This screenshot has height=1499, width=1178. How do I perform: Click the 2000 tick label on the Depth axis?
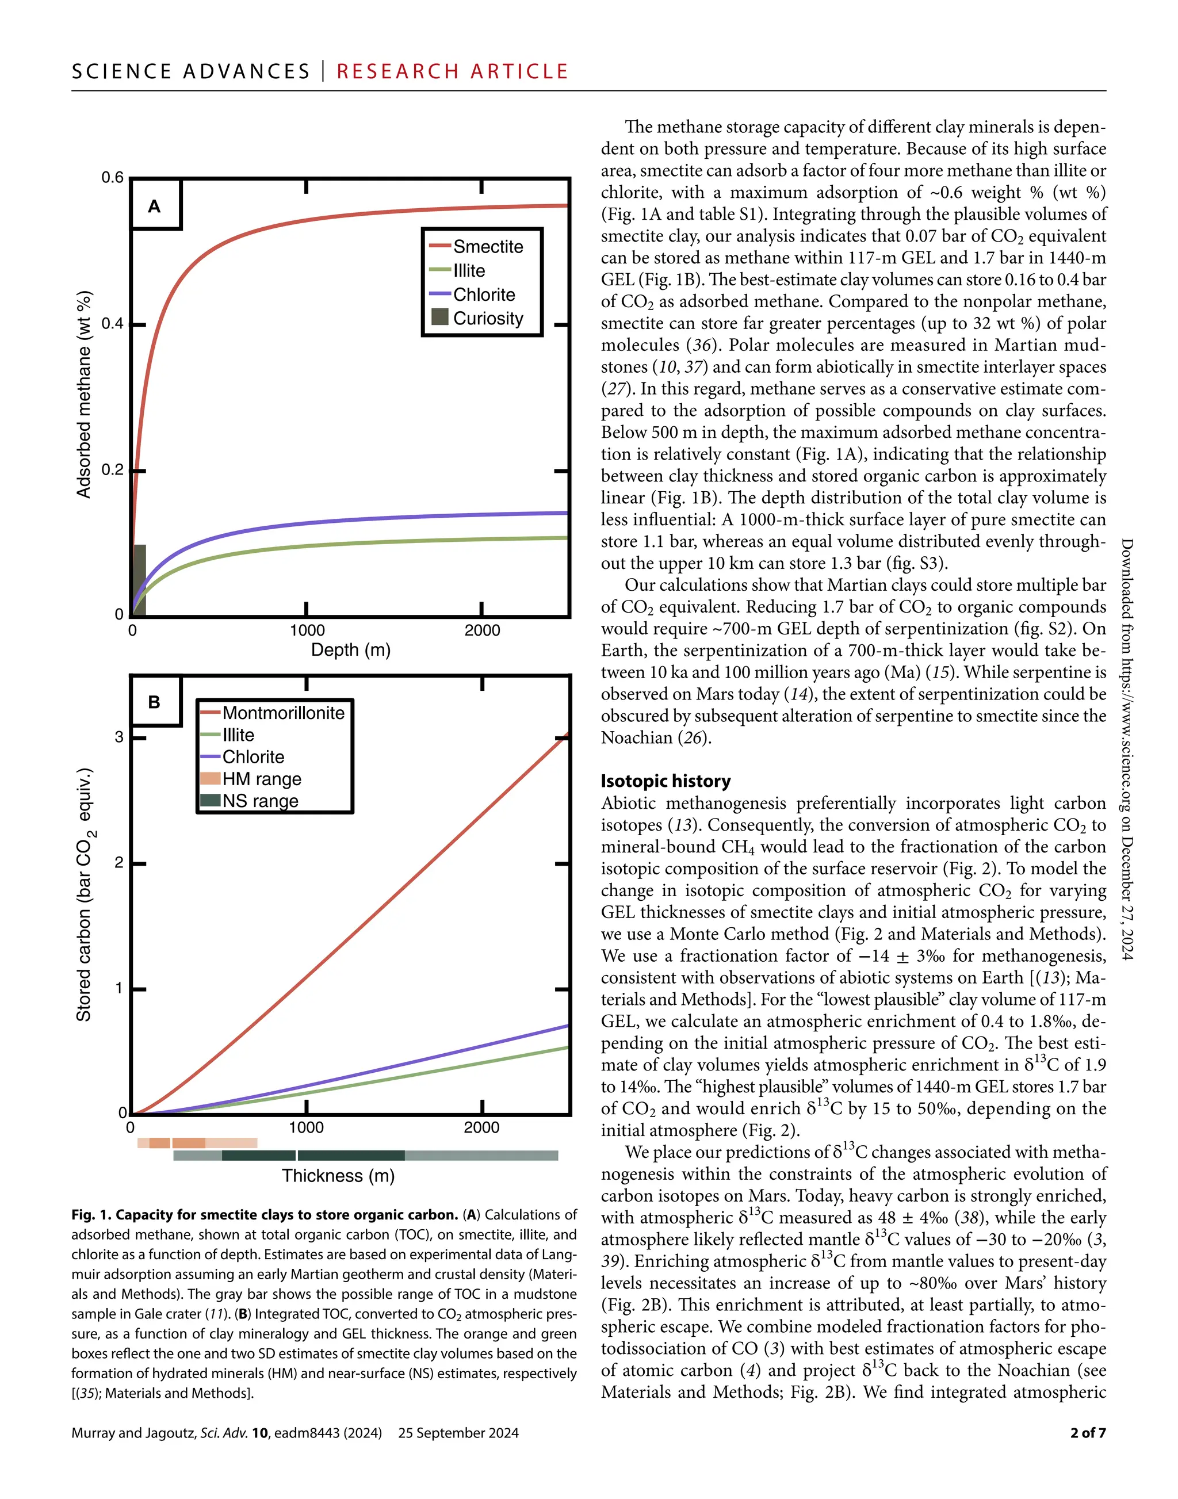pyautogui.click(x=482, y=630)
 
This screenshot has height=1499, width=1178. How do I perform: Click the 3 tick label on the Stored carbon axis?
pyautogui.click(x=119, y=737)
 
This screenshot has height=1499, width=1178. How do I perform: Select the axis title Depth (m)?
pyautogui.click(x=350, y=650)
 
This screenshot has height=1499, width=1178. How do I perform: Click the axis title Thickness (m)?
pyautogui.click(x=338, y=1176)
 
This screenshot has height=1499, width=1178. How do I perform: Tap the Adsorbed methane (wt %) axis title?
pyautogui.click(x=83, y=394)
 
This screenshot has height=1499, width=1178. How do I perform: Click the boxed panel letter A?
pyautogui.click(x=155, y=207)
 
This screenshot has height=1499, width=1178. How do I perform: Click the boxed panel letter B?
pyautogui.click(x=155, y=702)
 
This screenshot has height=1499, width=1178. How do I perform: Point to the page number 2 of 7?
pyautogui.click(x=1088, y=1433)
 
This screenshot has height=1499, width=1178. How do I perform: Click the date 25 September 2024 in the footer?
pyautogui.click(x=458, y=1433)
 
